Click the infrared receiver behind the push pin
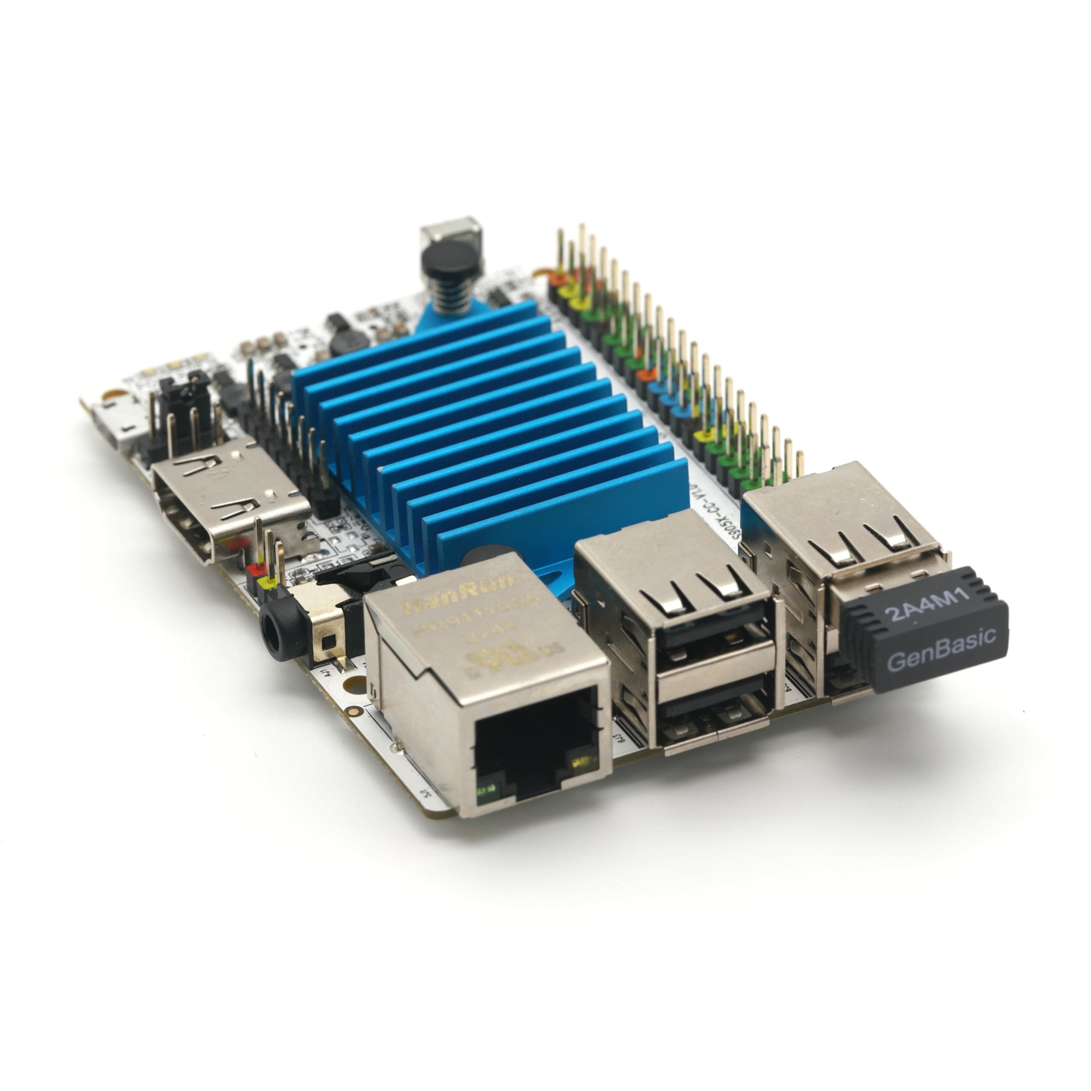(450, 231)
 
